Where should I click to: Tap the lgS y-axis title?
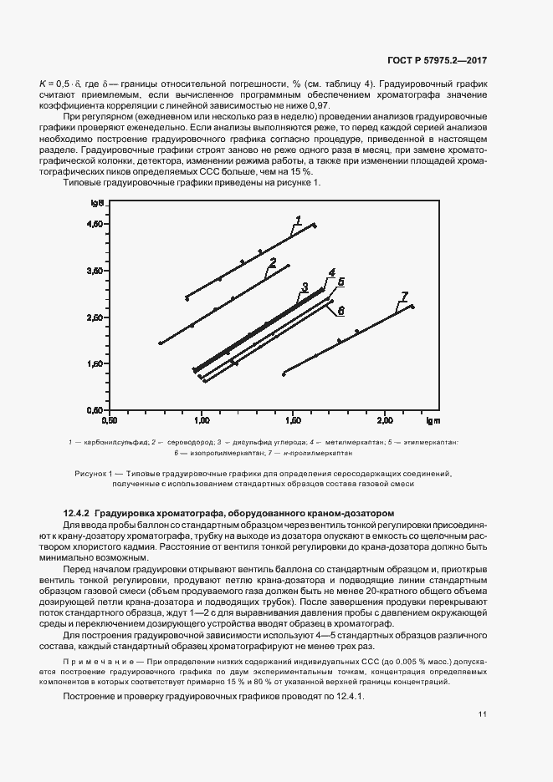99,203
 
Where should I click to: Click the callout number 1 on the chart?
297,220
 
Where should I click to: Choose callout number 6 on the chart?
341,310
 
